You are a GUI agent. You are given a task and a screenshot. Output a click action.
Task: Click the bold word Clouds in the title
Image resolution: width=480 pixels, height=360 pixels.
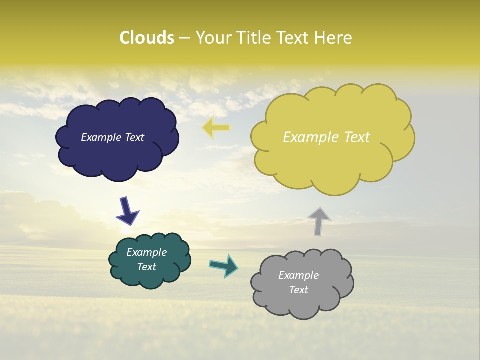(x=147, y=38)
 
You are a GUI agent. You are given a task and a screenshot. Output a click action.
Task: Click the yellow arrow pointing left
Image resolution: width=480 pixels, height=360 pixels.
(x=216, y=128)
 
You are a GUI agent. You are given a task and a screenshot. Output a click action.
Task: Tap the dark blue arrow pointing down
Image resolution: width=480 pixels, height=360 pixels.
(x=127, y=210)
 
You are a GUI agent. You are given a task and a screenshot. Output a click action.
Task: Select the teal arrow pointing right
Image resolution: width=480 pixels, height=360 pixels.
(x=223, y=266)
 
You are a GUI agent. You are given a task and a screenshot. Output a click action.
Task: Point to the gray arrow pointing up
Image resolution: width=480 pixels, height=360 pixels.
(x=319, y=221)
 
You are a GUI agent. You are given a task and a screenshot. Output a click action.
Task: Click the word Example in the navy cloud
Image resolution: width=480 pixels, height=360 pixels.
(x=101, y=137)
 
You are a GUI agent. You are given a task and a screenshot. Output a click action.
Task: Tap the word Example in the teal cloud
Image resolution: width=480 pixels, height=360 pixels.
(x=146, y=253)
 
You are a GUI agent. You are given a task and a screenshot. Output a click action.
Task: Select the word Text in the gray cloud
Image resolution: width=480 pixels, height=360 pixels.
(x=298, y=290)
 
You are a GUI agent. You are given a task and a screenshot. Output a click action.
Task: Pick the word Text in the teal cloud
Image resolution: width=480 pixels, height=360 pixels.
(x=146, y=267)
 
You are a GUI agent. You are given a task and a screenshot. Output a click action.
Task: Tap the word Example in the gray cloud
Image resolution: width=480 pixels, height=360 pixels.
(x=298, y=276)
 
